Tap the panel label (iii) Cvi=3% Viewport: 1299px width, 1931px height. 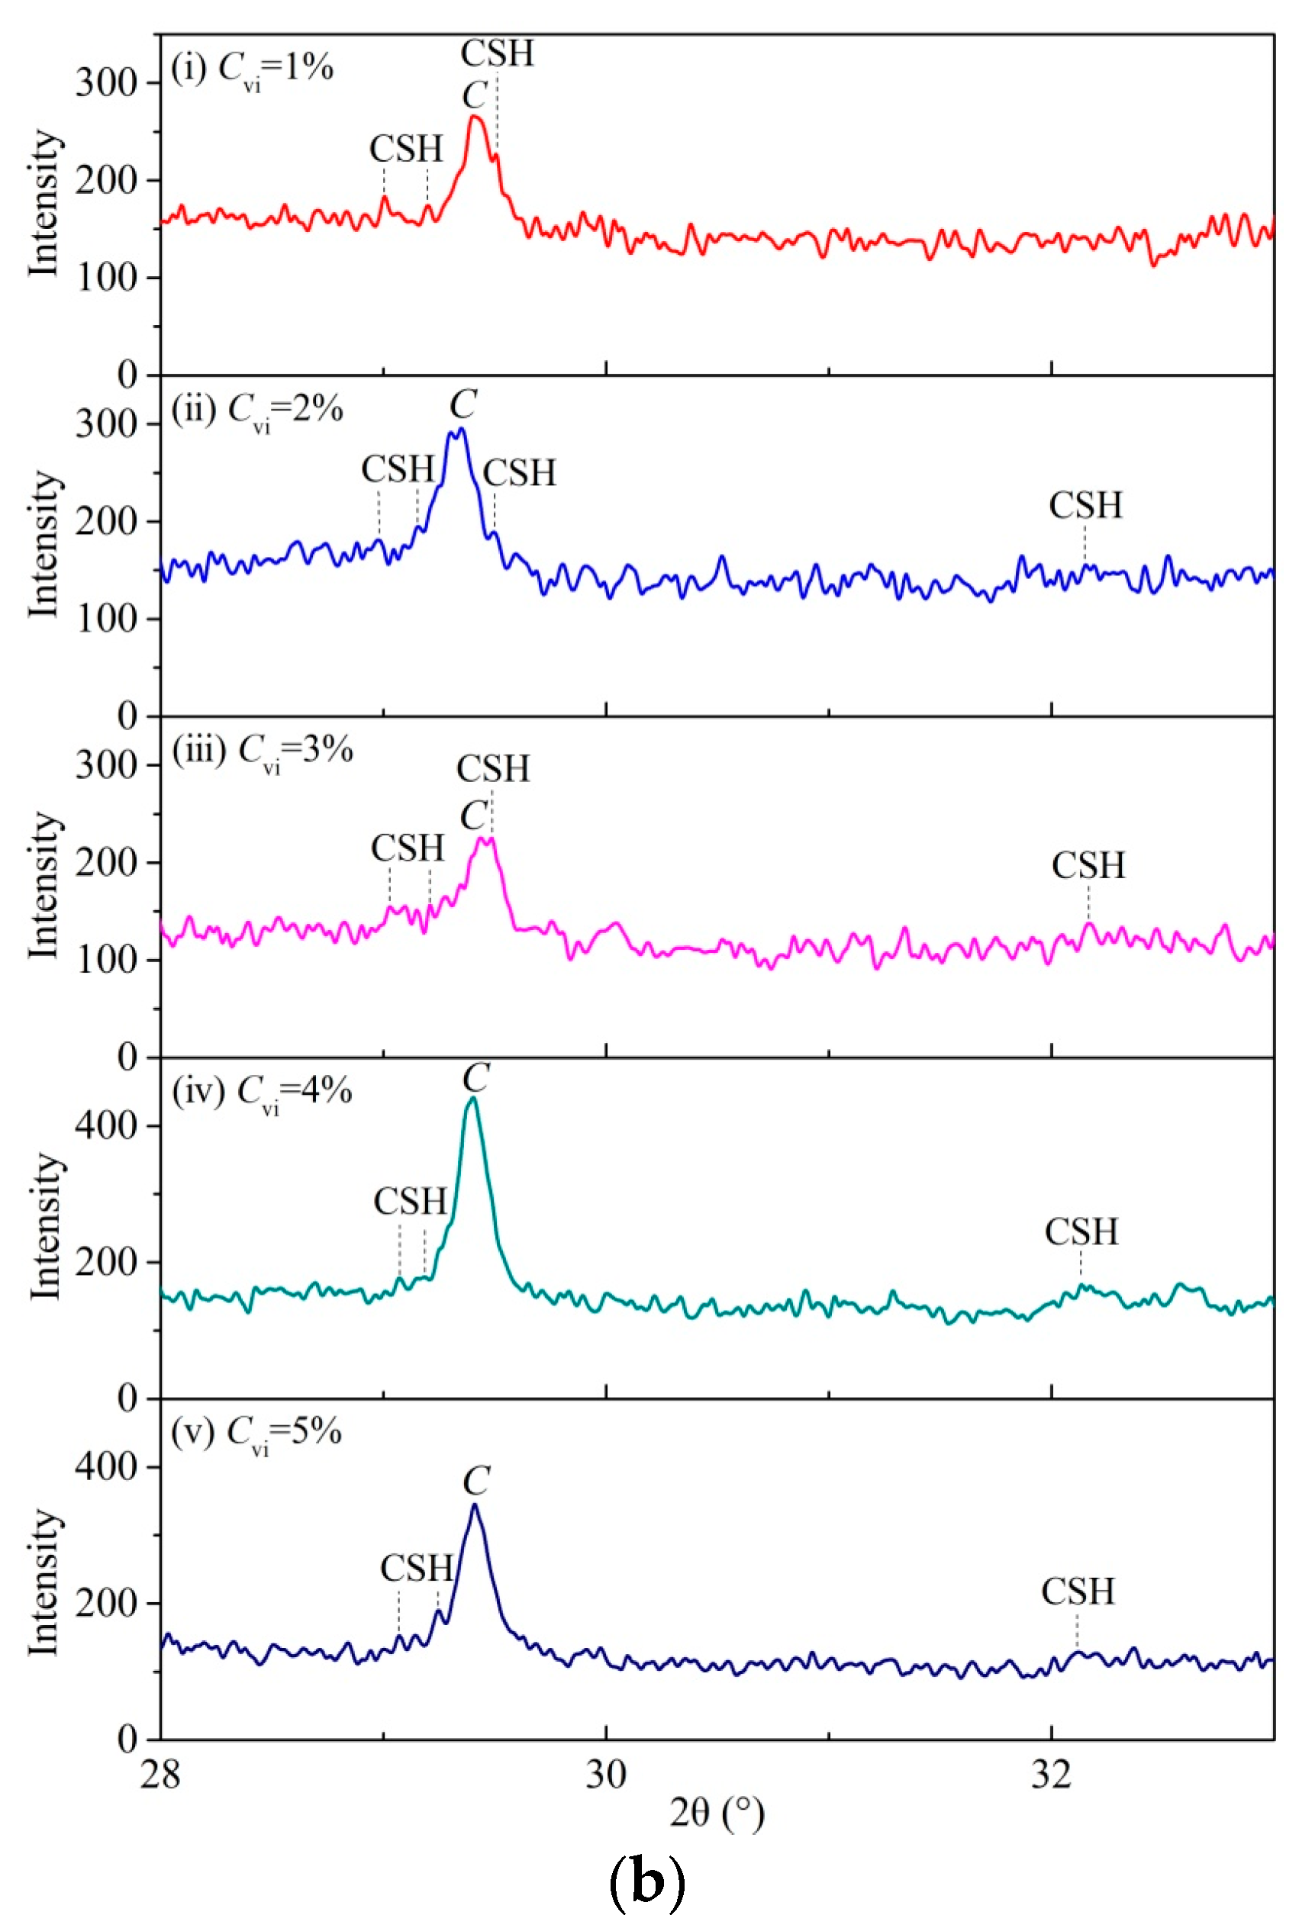click(262, 751)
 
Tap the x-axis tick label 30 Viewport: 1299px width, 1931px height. click(605, 1775)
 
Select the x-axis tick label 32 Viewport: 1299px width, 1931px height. click(1051, 1775)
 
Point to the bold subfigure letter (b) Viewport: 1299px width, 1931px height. click(647, 1881)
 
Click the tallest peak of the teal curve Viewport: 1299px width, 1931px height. click(473, 1099)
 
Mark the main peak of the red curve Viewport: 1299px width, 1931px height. click(475, 117)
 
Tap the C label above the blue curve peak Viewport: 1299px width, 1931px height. click(463, 405)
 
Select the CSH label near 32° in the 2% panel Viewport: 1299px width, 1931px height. click(1085, 506)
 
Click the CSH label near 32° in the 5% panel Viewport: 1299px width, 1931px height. click(1078, 1592)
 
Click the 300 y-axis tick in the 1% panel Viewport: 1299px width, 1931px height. click(105, 83)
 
